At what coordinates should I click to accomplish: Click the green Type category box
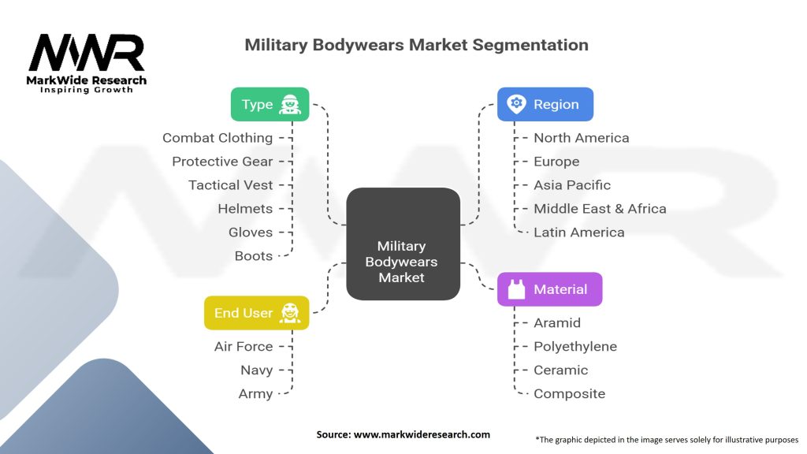tap(269, 104)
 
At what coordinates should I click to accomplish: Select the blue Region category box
tap(545, 104)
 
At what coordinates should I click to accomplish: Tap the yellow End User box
tap(255, 313)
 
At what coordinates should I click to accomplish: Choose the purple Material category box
tap(549, 289)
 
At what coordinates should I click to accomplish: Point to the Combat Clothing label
tap(218, 138)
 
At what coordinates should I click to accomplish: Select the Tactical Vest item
tap(231, 185)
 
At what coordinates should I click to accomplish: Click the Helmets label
tap(245, 209)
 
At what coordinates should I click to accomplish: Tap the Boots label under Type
tap(254, 256)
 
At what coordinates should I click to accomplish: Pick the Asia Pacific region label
tap(572, 185)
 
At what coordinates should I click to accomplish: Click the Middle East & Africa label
tap(600, 209)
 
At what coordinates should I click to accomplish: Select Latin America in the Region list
tap(578, 233)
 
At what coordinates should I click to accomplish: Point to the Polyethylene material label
tap(575, 347)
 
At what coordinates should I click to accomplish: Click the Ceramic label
tap(560, 370)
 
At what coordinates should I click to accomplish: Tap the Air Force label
tap(244, 347)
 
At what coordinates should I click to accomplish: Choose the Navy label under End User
tap(257, 370)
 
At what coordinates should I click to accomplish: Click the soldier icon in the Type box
tap(290, 104)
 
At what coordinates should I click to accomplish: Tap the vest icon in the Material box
tap(517, 289)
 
